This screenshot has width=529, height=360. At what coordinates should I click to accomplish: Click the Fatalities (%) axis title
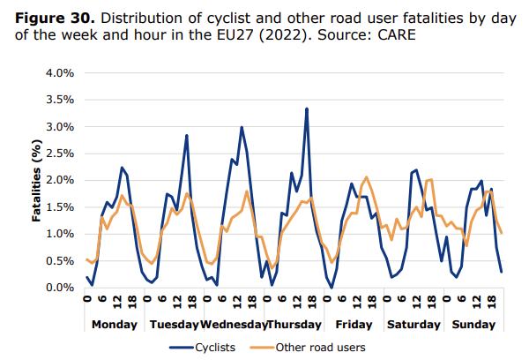click(38, 180)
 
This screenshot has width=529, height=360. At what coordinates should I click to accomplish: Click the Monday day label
click(115, 324)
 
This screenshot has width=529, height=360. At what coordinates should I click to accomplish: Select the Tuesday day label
click(174, 324)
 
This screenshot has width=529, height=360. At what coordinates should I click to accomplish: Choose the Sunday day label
click(472, 324)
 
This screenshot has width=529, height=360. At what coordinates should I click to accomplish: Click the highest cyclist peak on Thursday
click(306, 109)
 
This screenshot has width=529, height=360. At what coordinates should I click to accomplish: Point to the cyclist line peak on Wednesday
click(242, 127)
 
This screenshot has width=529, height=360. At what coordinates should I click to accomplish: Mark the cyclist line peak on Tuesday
click(187, 135)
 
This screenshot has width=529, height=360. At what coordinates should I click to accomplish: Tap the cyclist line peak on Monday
click(122, 167)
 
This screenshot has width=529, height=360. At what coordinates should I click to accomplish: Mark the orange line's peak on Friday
click(367, 177)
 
